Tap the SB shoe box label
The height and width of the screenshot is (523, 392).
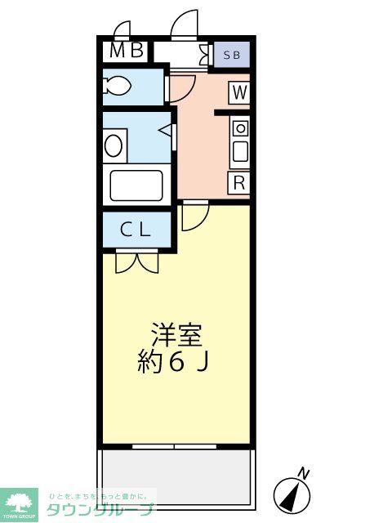pos(231,55)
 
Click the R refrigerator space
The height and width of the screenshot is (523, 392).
pos(239,182)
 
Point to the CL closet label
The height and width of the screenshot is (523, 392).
pos(136,230)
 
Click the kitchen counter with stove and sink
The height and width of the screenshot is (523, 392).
pos(239,141)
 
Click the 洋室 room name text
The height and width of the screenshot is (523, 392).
pos(176,335)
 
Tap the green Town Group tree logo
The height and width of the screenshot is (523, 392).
pos(19,502)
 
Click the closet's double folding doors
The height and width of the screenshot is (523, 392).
pos(136,261)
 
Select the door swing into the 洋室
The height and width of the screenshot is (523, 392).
pos(194,216)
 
